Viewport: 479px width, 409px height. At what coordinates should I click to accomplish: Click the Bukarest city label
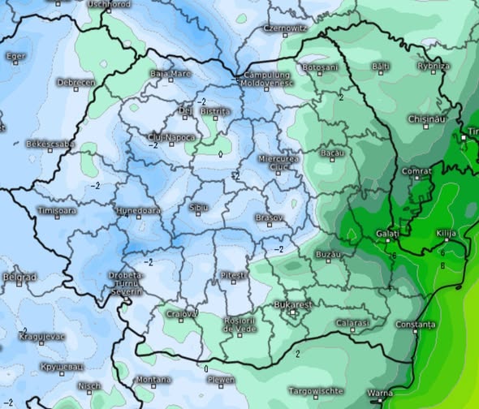(294, 304)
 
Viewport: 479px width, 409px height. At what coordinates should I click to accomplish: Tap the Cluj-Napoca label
(171, 136)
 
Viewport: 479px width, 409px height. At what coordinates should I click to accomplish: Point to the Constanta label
(416, 324)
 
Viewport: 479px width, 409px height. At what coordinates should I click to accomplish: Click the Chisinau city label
(428, 118)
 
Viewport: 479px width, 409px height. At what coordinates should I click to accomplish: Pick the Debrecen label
(76, 82)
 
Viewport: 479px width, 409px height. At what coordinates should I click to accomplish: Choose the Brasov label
(270, 217)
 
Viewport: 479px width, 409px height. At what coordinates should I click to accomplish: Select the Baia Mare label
(170, 73)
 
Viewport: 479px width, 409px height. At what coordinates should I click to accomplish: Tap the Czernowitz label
(285, 28)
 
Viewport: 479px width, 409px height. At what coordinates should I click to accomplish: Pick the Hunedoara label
(138, 210)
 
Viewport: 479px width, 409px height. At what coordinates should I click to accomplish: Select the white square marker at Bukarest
(293, 311)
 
